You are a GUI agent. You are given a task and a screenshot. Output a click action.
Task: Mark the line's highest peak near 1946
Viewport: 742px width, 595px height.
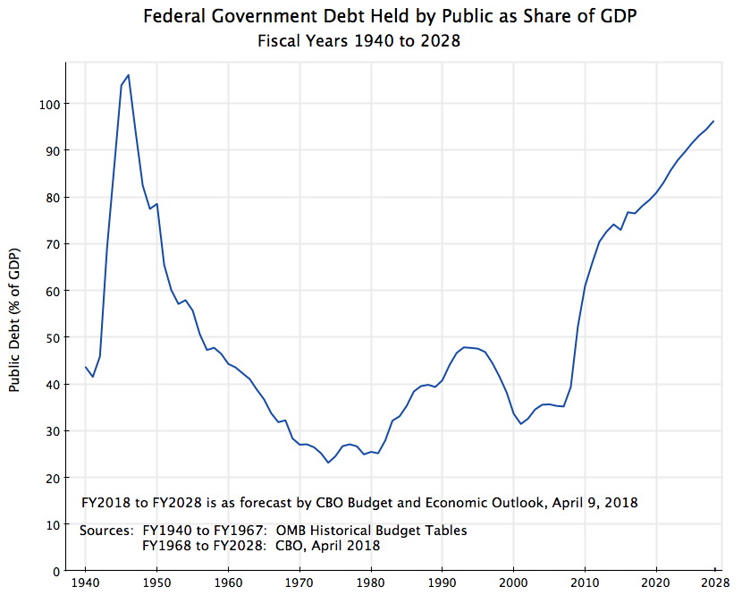pyautogui.click(x=129, y=75)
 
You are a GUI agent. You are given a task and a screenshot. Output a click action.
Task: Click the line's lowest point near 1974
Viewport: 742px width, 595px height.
pyautogui.click(x=328, y=463)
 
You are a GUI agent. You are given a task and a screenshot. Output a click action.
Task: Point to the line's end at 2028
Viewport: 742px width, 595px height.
pyautogui.click(x=713, y=121)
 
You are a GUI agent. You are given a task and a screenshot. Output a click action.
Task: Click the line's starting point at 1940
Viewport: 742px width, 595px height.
pyautogui.click(x=86, y=367)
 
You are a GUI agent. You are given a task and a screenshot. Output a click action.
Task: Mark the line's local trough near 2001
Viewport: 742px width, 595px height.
pyautogui.click(x=521, y=423)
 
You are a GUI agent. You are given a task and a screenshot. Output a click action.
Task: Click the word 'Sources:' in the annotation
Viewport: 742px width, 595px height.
pyautogui.click(x=107, y=531)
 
